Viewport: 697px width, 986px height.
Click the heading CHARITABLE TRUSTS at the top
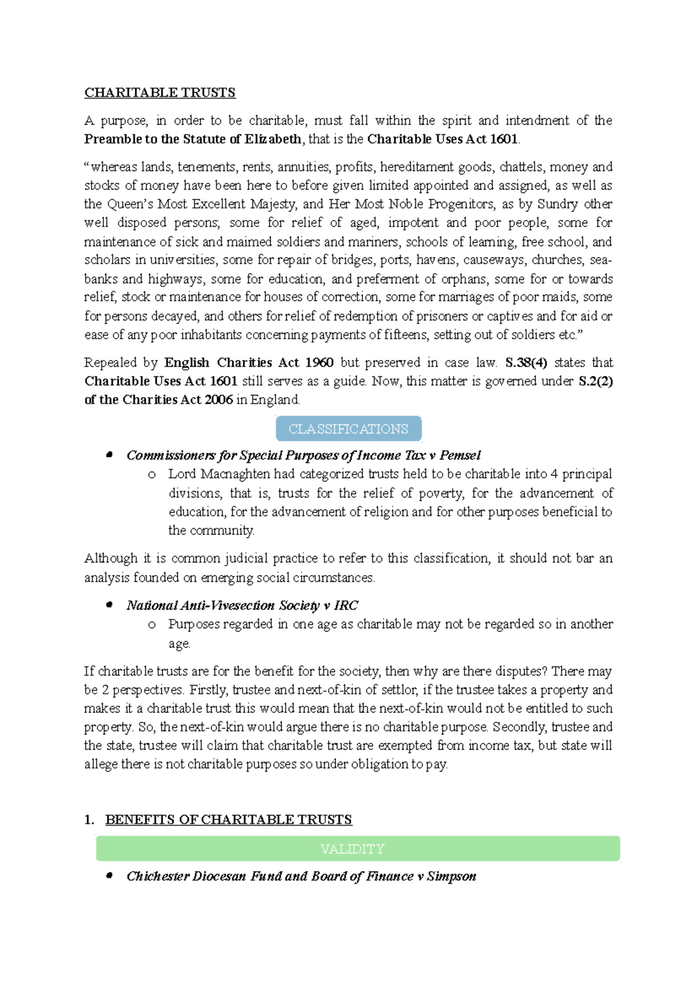160,93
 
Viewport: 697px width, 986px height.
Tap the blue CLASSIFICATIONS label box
348,429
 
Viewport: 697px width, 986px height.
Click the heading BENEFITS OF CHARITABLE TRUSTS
228,820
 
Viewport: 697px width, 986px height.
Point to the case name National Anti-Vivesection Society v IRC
242,606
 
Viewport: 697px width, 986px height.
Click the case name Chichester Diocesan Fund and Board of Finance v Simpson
301,876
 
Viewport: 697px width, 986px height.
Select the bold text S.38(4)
526,363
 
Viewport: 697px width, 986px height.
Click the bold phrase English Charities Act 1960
249,363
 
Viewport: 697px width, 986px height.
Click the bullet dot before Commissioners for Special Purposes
109,455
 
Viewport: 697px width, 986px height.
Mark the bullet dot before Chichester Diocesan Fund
109,876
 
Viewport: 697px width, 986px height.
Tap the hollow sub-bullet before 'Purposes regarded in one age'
152,625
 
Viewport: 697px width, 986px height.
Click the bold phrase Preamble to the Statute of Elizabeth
193,139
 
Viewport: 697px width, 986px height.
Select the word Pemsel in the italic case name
460,456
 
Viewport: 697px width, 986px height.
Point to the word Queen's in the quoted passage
131,204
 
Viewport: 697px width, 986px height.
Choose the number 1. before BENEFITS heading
89,820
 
